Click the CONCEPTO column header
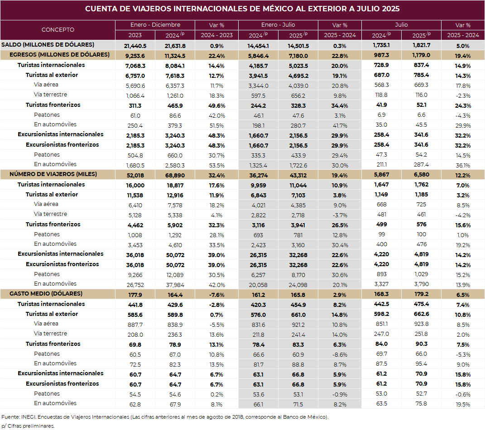pos(58,30)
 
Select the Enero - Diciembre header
pos(155,25)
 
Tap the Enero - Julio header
pos(278,25)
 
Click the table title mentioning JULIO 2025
pos(242,9)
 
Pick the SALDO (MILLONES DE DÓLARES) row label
pos(48,44)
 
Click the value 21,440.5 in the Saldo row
pos(135,45)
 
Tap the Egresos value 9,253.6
pos(135,55)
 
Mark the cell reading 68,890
pos(175,175)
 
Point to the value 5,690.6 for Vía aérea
pos(135,85)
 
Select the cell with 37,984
pos(175,284)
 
